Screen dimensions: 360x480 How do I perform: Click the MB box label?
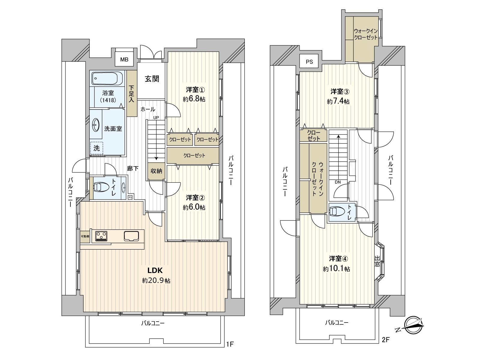click(124, 59)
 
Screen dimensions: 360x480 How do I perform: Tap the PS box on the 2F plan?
click(309, 62)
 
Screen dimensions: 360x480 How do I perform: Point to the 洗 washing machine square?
click(97, 148)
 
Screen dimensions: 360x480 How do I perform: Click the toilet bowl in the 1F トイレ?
click(101, 187)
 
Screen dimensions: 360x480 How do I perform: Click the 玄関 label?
click(152, 79)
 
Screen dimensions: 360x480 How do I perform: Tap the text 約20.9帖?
click(156, 281)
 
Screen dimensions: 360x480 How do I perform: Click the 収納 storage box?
click(156, 171)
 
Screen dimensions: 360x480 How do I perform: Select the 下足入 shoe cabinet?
click(131, 94)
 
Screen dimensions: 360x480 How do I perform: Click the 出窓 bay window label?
click(377, 261)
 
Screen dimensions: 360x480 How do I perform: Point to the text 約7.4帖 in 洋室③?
click(338, 101)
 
